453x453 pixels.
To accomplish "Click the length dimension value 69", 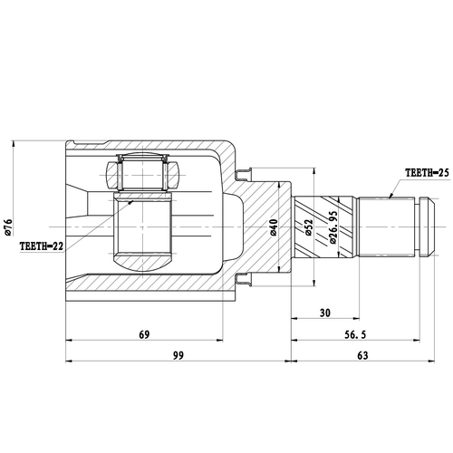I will pos(144,334).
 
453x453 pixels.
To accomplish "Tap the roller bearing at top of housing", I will pos(142,172).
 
